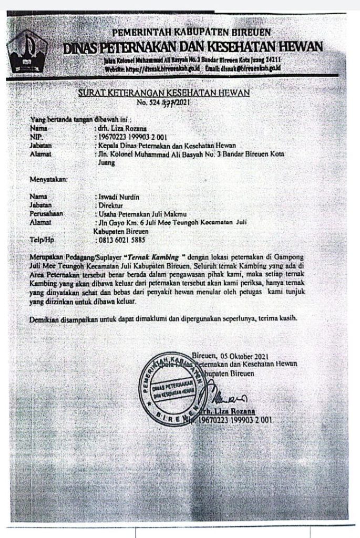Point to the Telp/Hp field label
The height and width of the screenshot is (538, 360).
point(42,240)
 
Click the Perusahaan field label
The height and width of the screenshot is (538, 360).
point(47,214)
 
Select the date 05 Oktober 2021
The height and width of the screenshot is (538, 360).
point(242,355)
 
